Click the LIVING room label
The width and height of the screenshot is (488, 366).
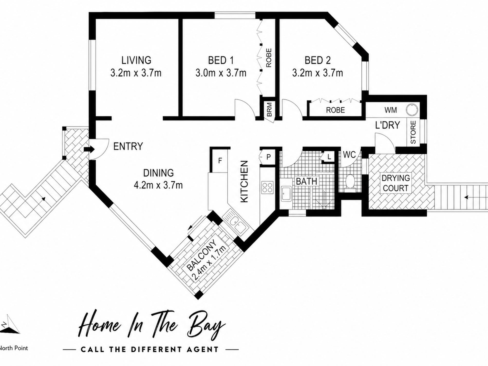tap(136, 60)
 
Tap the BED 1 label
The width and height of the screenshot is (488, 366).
tap(221, 60)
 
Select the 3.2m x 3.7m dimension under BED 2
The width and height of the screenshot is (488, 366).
tap(317, 73)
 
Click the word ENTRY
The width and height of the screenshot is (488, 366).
tap(128, 146)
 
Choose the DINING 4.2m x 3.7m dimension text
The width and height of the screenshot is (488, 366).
tap(158, 185)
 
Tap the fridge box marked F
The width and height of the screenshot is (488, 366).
tap(220, 161)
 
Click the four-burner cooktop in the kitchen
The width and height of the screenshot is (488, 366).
tap(267, 187)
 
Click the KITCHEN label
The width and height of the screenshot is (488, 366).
tap(244, 182)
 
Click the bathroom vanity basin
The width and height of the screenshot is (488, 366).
tap(286, 194)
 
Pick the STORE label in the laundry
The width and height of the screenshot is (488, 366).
tap(413, 133)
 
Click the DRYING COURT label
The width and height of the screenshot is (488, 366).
tap(396, 183)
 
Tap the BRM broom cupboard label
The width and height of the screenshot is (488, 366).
tap(269, 110)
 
